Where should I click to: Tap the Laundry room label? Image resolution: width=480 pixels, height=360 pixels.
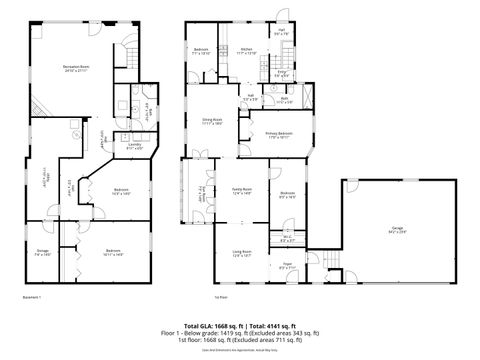(x=120, y=146)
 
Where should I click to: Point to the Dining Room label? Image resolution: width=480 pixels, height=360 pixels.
(x=212, y=122)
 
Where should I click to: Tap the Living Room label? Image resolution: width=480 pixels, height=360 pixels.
(x=241, y=253)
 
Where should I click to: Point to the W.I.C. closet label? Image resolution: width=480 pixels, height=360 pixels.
(x=286, y=239)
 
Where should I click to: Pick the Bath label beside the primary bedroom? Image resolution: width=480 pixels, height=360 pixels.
(x=284, y=98)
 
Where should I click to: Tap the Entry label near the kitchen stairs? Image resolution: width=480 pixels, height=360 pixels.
(x=282, y=72)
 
